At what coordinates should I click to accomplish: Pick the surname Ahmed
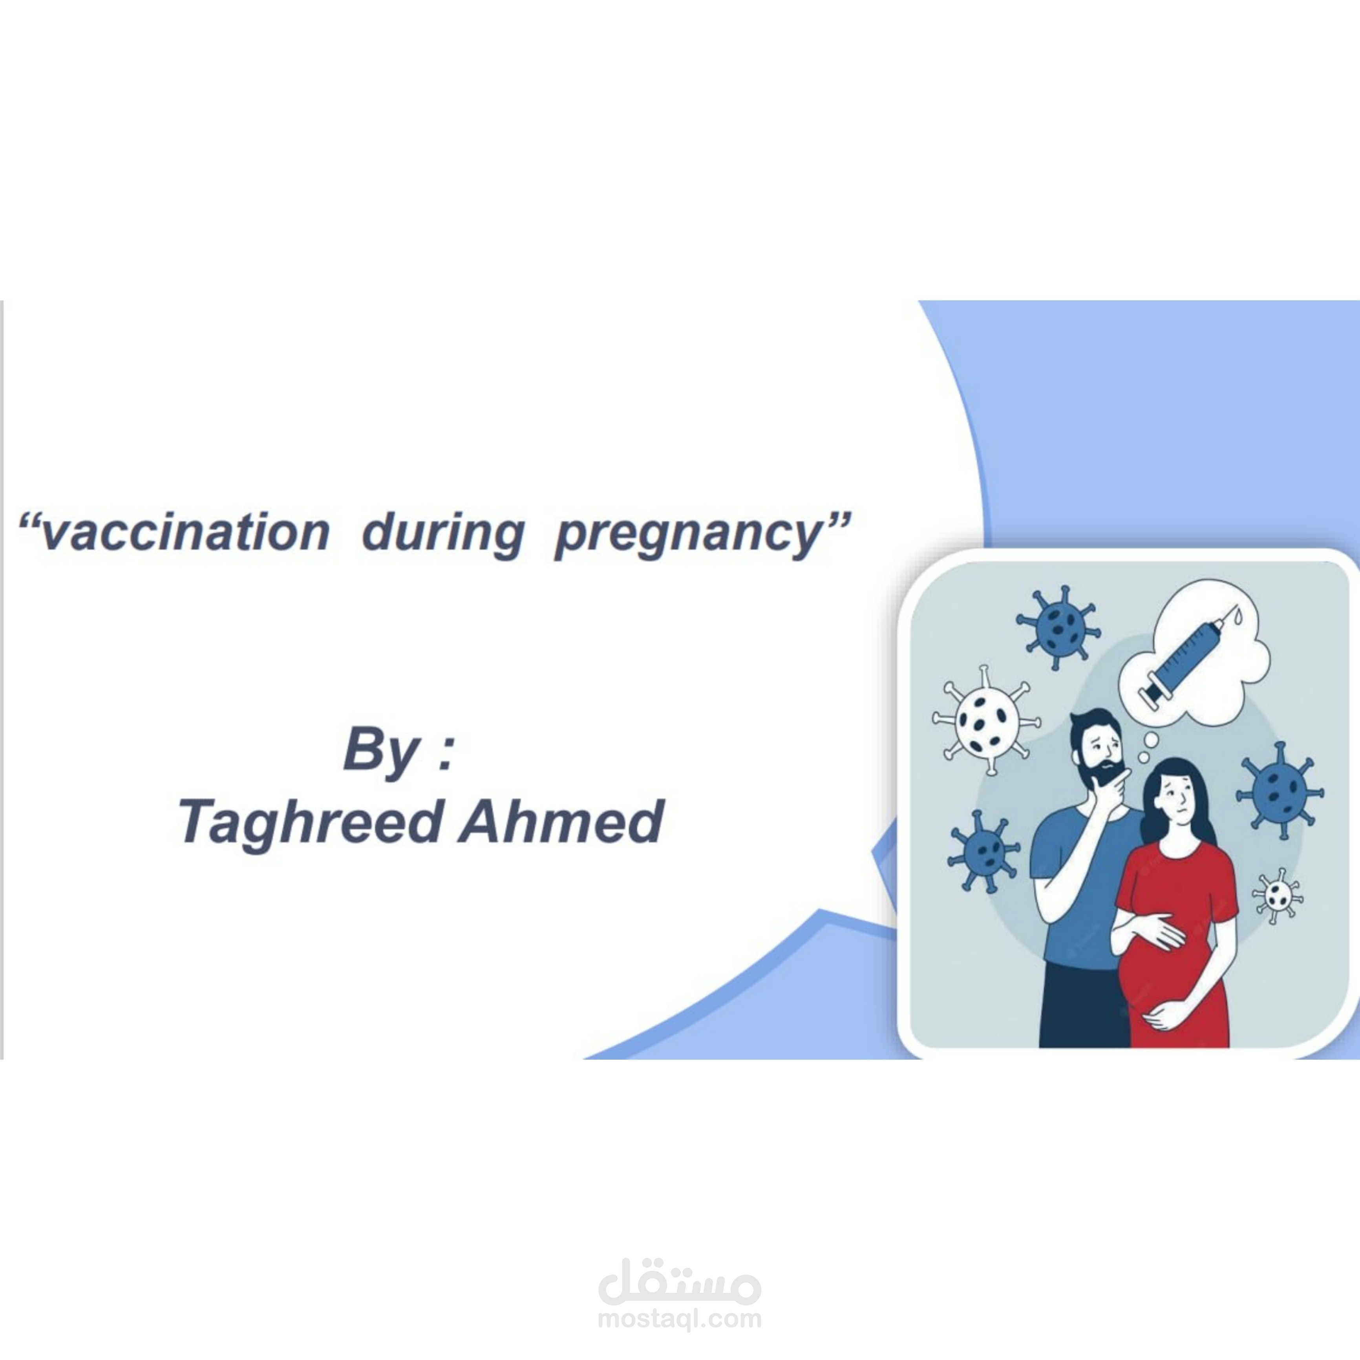click(x=561, y=821)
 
